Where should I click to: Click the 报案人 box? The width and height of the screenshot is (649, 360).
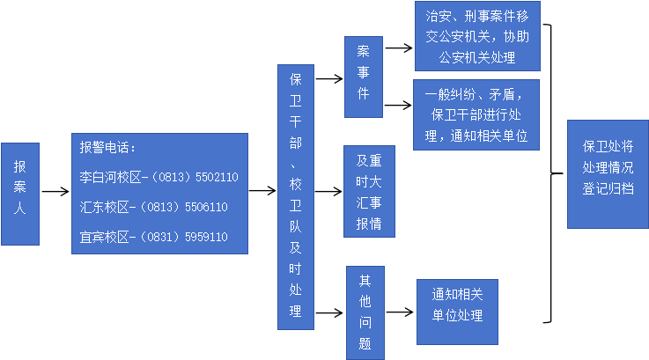pyautogui.click(x=19, y=194)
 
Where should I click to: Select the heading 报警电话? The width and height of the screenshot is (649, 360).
pyautogui.click(x=107, y=147)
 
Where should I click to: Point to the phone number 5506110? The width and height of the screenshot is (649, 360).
pyautogui.click(x=205, y=207)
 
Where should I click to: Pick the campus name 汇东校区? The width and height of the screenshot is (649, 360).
pyautogui.click(x=100, y=207)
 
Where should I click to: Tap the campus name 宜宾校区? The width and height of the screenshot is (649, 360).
pyautogui.click(x=100, y=237)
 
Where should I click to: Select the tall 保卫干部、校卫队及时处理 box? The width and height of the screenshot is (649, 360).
pyautogui.click(x=295, y=196)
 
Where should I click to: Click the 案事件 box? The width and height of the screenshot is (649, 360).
pyautogui.click(x=363, y=77)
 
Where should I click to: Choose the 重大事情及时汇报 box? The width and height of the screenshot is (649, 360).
pyautogui.click(x=369, y=191)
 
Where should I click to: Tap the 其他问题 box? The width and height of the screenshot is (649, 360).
pyautogui.click(x=365, y=312)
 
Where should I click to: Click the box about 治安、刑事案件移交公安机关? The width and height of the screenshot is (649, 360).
pyautogui.click(x=476, y=36)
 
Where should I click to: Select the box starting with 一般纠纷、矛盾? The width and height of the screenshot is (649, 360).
pyautogui.click(x=476, y=114)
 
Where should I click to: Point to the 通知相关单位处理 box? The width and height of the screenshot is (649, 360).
pyautogui.click(x=457, y=305)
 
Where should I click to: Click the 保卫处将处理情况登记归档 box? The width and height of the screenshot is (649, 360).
pyautogui.click(x=608, y=174)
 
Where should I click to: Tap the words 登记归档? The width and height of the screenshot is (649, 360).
pyautogui.click(x=608, y=188)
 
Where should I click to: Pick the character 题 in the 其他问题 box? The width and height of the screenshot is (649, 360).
pyautogui.click(x=365, y=343)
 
